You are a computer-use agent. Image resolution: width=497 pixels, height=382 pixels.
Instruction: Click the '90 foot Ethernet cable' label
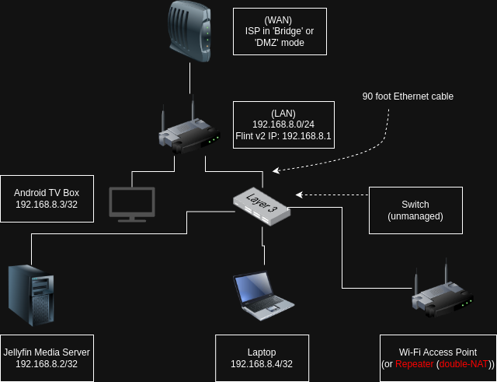click(408, 96)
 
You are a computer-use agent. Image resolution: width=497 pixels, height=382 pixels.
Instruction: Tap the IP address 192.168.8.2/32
click(47, 363)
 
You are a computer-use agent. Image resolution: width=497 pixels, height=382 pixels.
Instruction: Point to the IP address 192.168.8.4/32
click(262, 363)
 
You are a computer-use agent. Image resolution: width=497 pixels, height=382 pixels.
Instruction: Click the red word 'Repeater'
click(414, 363)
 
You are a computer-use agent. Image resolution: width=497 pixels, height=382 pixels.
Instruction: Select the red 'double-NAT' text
click(464, 363)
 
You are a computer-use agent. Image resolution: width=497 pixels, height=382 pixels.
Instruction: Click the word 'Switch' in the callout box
click(415, 205)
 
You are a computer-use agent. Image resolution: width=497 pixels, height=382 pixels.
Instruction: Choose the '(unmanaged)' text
click(415, 216)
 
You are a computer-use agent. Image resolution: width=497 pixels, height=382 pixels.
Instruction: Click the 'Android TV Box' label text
click(47, 192)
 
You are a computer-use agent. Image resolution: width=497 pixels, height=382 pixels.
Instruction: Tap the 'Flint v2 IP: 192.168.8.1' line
click(283, 135)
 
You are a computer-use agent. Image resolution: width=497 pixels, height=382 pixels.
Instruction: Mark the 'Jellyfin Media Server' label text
click(47, 352)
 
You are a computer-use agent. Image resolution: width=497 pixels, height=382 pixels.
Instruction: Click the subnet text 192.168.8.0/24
click(283, 124)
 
